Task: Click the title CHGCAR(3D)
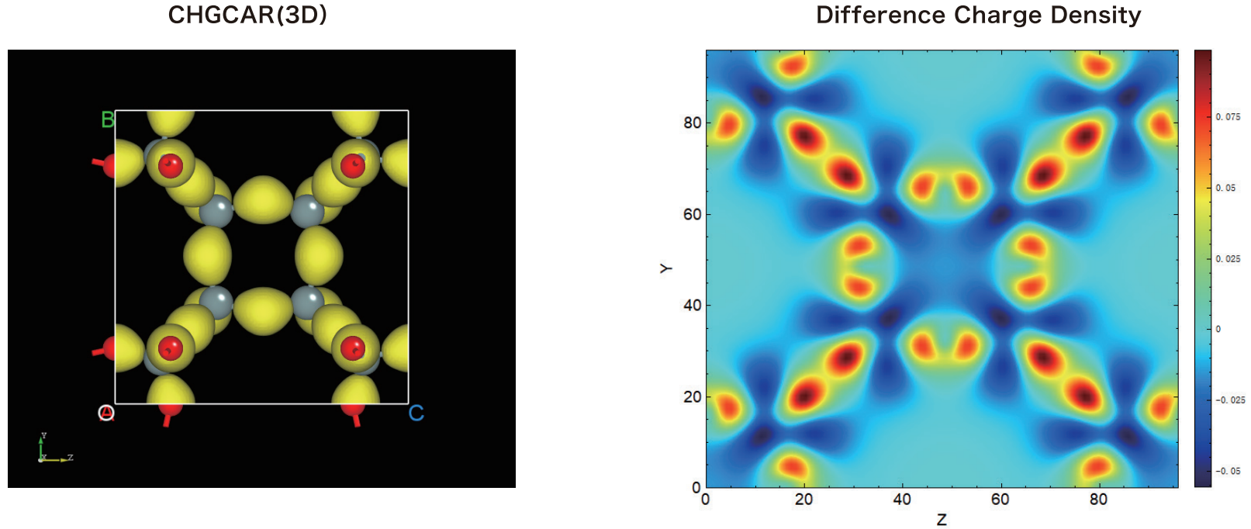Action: [247, 15]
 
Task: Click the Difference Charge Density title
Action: [978, 15]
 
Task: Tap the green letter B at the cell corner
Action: [108, 119]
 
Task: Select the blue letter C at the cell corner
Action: [416, 413]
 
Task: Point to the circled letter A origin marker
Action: [106, 413]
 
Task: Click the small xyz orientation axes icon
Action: [54, 448]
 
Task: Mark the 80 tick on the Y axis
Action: [693, 123]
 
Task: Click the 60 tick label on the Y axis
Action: [693, 214]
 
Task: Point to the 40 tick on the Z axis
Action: [902, 500]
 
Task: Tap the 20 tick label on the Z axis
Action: [803, 500]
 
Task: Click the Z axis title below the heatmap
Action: [942, 520]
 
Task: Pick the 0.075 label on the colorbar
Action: [1228, 117]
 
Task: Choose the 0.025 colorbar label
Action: [1228, 258]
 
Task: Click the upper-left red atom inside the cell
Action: [170, 165]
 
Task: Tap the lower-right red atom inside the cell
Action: [353, 347]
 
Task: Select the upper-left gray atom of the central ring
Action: [216, 211]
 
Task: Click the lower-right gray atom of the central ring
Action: [308, 301]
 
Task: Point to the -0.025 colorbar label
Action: [1230, 400]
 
